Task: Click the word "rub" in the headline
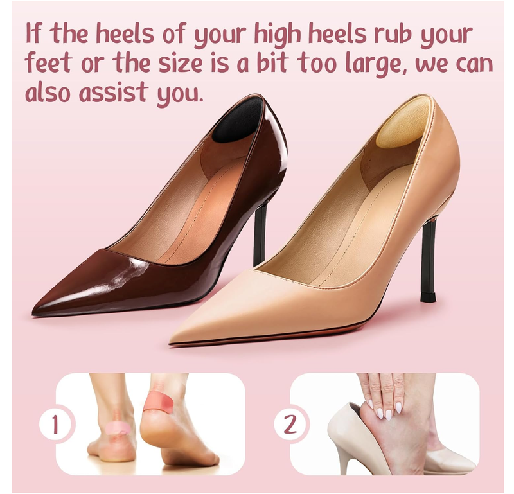(x=399, y=34)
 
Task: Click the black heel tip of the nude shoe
(x=428, y=297)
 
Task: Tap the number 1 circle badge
(x=55, y=424)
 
